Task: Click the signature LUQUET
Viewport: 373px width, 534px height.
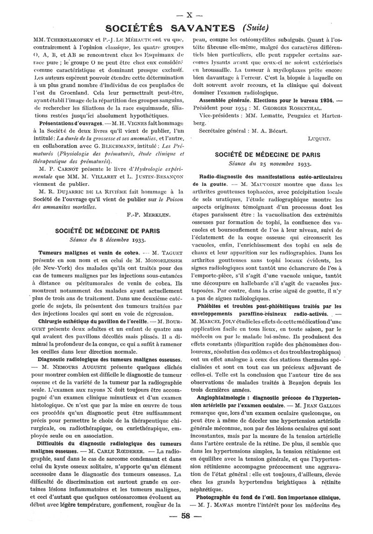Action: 318,139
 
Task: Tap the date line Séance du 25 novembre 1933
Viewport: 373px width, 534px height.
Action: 270,164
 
